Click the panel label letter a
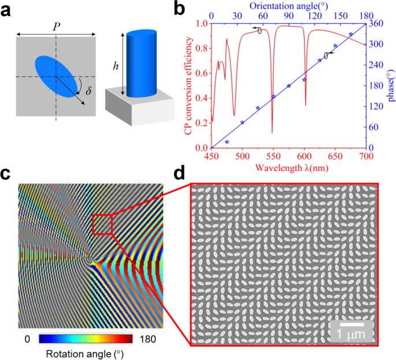(x=8, y=10)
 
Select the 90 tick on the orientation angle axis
(x=288, y=16)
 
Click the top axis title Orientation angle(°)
(x=288, y=5)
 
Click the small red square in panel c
(x=102, y=224)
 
